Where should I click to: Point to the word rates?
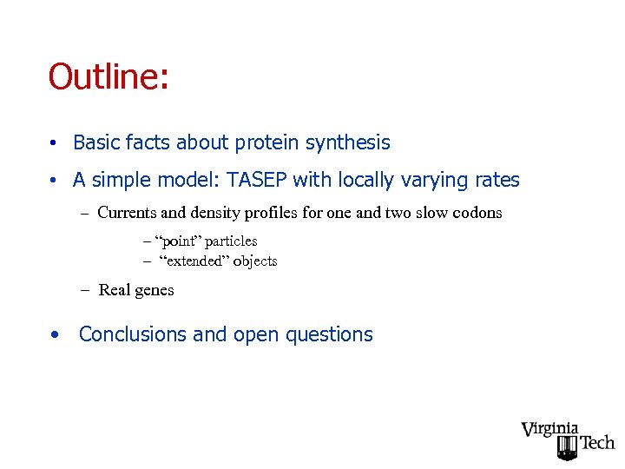(495, 181)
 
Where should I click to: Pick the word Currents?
(128, 213)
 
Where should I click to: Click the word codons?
(477, 213)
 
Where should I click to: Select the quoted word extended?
(195, 261)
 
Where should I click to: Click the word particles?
(231, 241)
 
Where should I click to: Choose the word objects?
(255, 261)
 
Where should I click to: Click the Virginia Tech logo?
(567, 439)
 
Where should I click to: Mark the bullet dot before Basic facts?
(54, 143)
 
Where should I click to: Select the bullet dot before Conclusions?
(54, 334)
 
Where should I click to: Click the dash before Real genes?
(87, 290)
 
